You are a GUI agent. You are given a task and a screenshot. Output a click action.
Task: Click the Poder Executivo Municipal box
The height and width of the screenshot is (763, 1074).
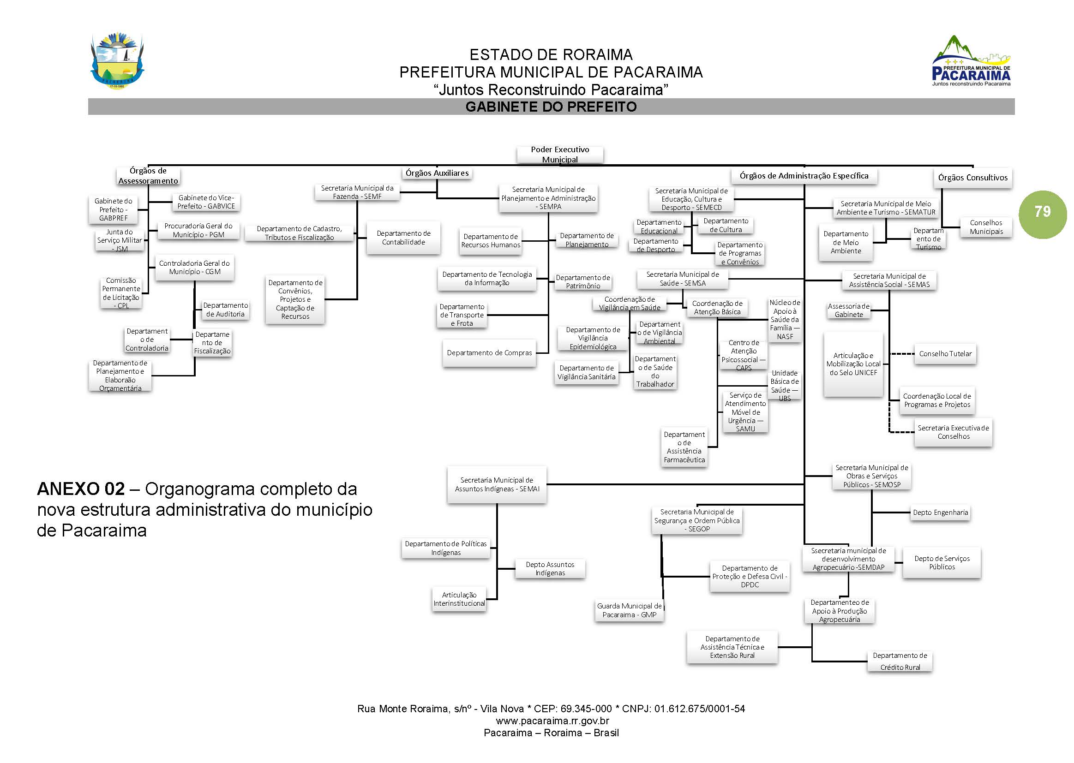[x=559, y=155]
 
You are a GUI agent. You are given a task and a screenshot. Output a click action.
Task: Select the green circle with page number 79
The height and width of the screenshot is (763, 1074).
[x=1042, y=214]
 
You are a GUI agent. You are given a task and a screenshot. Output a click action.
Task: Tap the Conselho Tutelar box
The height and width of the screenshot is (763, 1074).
[x=945, y=354]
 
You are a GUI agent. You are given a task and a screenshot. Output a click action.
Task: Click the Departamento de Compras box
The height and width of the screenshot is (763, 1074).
[x=489, y=353]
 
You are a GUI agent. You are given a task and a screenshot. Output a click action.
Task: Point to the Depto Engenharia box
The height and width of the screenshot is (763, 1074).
[x=940, y=513]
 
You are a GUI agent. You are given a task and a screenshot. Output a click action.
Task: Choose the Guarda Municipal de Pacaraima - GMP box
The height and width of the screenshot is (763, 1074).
[x=629, y=611]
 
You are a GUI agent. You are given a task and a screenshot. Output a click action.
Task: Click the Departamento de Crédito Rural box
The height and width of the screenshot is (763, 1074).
[x=899, y=662]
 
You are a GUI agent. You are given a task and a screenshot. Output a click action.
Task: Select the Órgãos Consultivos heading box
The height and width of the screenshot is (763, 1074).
[x=972, y=178]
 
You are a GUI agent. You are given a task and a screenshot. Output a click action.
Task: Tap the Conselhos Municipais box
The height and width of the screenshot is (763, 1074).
[x=986, y=227]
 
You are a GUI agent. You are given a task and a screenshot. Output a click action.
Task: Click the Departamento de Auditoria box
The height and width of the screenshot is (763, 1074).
[x=225, y=310]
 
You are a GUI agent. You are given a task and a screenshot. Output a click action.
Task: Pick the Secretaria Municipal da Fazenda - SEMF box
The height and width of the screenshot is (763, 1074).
[x=357, y=192]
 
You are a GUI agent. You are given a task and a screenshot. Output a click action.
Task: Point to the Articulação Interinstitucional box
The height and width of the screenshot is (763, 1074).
[x=459, y=600]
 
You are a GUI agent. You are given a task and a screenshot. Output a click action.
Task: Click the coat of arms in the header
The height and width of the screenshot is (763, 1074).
[x=117, y=61]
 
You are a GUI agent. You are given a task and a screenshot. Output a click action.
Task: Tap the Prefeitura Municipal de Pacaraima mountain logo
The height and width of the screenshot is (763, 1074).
[x=971, y=61]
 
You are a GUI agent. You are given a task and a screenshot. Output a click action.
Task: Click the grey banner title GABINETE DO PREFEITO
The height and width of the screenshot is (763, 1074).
[x=551, y=107]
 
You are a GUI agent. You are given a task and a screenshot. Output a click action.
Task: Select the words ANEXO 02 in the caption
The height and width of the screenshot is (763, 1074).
[x=81, y=489]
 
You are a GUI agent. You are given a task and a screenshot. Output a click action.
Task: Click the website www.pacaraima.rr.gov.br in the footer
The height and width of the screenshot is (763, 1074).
[x=552, y=721]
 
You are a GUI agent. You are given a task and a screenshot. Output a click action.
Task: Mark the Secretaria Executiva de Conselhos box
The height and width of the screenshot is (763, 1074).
[x=953, y=432]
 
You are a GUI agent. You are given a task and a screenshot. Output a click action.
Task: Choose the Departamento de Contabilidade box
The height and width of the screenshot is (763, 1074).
[x=403, y=238]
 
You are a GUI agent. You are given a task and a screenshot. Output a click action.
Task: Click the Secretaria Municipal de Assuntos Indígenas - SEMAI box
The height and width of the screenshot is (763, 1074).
[x=496, y=484]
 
